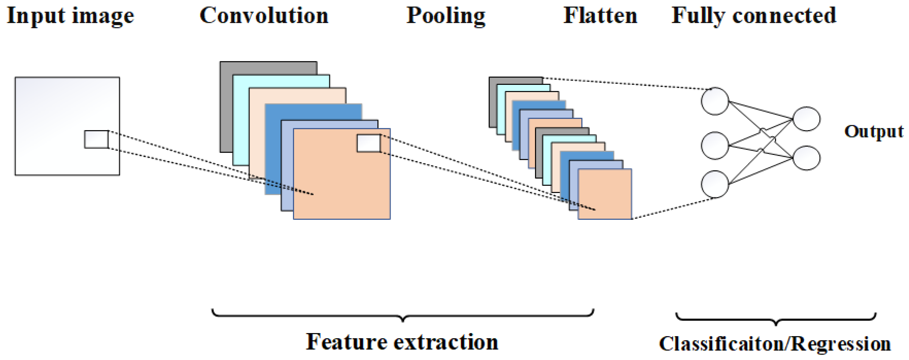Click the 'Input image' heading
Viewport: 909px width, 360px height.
click(71, 16)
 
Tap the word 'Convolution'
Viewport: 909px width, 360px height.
click(264, 16)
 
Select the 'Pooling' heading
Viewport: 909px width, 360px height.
click(446, 16)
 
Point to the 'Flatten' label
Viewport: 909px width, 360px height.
click(600, 16)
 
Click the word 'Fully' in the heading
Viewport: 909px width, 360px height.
click(697, 16)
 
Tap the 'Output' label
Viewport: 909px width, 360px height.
click(874, 132)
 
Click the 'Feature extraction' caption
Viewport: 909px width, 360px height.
click(402, 342)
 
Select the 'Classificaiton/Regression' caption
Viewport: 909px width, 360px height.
click(774, 344)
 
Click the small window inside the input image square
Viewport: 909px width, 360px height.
click(96, 139)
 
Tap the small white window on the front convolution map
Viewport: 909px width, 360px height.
click(368, 143)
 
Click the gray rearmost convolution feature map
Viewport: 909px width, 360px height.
click(226, 106)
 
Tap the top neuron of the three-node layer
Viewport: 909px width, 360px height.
click(715, 102)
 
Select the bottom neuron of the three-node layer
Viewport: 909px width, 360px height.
click(715, 184)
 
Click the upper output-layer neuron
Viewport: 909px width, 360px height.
click(806, 119)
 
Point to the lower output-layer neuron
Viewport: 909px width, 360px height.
click(806, 158)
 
